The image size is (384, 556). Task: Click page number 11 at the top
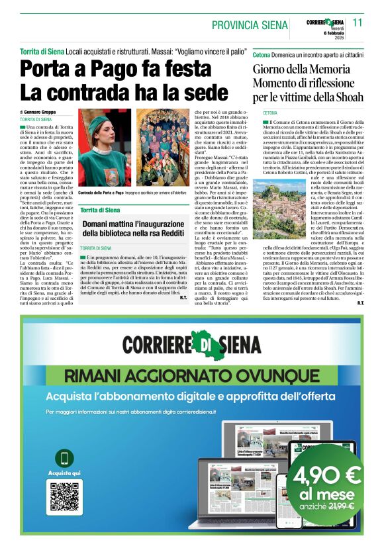(358, 22)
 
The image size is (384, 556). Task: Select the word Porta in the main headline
(49, 69)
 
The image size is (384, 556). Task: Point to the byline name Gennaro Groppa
(40, 113)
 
